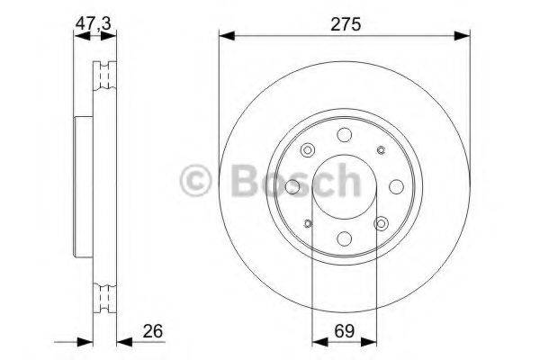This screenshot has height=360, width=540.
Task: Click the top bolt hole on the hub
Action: (344, 135)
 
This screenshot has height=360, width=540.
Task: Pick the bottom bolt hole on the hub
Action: (344, 238)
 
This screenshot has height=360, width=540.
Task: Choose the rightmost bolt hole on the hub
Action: (396, 187)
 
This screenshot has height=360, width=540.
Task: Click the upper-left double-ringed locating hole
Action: (308, 150)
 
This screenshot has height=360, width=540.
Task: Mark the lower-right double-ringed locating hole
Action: (381, 223)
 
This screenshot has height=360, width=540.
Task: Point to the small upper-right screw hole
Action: (380, 150)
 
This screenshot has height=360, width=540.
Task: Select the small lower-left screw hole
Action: (308, 223)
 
